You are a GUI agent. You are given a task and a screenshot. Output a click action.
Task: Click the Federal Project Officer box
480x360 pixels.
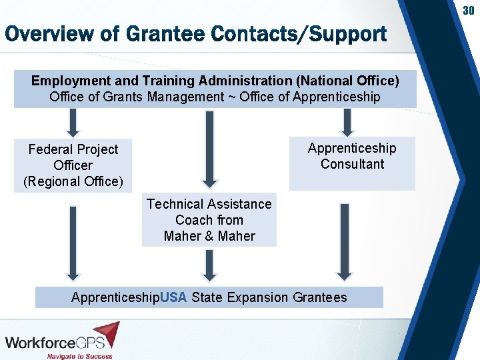73,165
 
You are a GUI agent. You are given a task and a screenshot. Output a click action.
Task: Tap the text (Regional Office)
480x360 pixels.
73,181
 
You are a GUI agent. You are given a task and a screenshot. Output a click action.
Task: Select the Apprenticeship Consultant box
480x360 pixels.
352,163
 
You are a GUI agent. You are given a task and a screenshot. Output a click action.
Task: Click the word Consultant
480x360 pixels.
352,164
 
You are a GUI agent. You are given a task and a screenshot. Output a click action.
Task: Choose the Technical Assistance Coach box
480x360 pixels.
209,220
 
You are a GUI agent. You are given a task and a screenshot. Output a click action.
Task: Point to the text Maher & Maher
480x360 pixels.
209,236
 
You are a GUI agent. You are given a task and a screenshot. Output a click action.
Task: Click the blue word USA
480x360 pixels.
173,297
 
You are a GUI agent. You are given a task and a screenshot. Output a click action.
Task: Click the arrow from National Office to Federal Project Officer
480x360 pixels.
73,122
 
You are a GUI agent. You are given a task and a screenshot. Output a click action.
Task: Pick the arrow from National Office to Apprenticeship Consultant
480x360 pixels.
347,122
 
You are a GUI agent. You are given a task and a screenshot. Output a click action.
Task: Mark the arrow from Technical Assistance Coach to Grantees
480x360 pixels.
209,265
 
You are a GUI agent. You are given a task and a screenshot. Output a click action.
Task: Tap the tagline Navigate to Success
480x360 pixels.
79,356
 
